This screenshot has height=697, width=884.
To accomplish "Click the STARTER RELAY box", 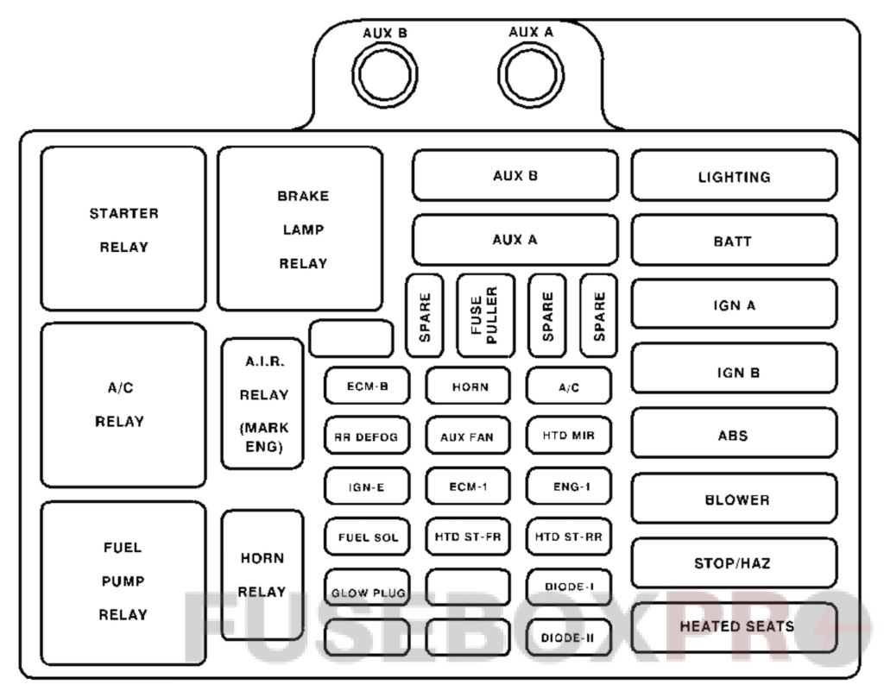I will (123, 229).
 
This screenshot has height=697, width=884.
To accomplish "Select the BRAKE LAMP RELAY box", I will (300, 229).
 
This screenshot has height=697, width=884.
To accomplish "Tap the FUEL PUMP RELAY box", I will (123, 582).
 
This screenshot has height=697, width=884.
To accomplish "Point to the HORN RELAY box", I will (262, 575).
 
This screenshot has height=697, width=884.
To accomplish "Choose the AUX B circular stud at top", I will (385, 77).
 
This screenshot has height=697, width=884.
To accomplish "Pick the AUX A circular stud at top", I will (530, 75).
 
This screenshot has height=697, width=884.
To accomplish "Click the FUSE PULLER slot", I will (485, 315).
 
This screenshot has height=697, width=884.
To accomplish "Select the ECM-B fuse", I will (367, 386).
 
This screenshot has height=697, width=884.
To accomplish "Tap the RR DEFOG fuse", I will (367, 436).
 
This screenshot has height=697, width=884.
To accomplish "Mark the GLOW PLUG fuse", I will (367, 593).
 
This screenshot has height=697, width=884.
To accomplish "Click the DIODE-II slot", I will (568, 638).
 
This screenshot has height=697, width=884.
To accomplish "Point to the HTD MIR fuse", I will (568, 436).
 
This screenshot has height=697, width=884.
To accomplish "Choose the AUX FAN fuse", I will (468, 436).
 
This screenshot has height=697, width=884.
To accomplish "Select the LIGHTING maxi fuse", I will (734, 176).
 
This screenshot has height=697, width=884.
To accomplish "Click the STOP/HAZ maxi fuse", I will (734, 563).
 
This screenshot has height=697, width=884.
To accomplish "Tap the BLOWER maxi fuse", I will (734, 499).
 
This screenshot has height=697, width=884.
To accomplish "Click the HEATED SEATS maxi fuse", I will (734, 627).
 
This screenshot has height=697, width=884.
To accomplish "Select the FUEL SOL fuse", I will (367, 537).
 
